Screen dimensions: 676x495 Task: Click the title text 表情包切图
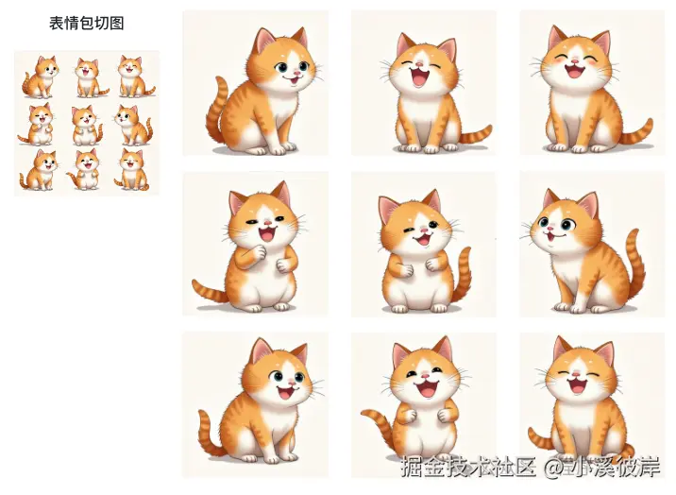point(87,24)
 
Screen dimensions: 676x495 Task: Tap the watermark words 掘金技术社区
point(468,466)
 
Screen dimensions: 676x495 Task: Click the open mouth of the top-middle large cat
point(419,77)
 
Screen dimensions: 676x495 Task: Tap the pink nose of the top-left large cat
point(297,74)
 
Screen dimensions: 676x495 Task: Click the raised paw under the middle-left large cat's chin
point(258,252)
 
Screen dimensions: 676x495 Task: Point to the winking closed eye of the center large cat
point(408,230)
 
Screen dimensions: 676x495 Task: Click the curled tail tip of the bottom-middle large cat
point(366,413)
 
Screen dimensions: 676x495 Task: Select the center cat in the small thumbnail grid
point(87,126)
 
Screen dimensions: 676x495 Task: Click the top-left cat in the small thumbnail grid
point(40,77)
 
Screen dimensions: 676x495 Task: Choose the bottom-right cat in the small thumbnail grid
point(131,169)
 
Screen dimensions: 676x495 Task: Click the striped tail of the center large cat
point(463,276)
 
